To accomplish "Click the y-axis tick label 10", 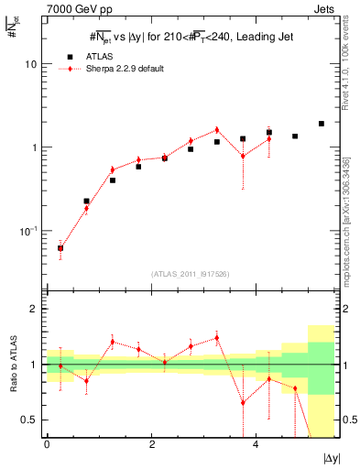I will [x=30, y=65].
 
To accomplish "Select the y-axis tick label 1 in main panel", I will [x=34, y=147].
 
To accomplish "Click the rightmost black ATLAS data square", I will [x=322, y=124].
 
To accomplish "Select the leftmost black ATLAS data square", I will [x=60, y=247].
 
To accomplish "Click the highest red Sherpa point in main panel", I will [x=217, y=129].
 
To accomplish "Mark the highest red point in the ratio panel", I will [x=217, y=338].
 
